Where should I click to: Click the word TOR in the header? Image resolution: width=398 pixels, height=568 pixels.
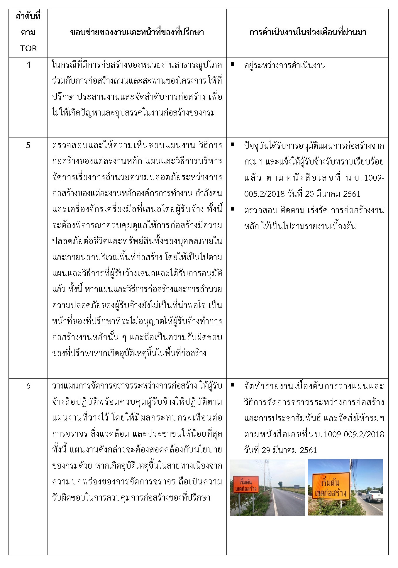28,48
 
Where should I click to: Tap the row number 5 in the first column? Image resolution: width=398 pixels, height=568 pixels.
28,145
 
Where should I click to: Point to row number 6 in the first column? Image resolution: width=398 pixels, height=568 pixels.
28,386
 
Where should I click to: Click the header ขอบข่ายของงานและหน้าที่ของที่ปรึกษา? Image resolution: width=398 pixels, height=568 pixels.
137,33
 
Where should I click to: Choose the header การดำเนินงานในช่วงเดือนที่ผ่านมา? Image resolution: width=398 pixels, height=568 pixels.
307,33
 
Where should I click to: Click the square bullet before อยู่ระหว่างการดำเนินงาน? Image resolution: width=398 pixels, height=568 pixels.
233,64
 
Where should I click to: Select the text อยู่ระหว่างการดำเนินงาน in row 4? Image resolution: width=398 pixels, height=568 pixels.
284,65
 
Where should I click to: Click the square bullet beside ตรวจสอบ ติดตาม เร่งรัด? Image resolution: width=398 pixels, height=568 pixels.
233,209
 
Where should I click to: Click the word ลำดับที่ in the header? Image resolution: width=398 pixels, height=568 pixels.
28,16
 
